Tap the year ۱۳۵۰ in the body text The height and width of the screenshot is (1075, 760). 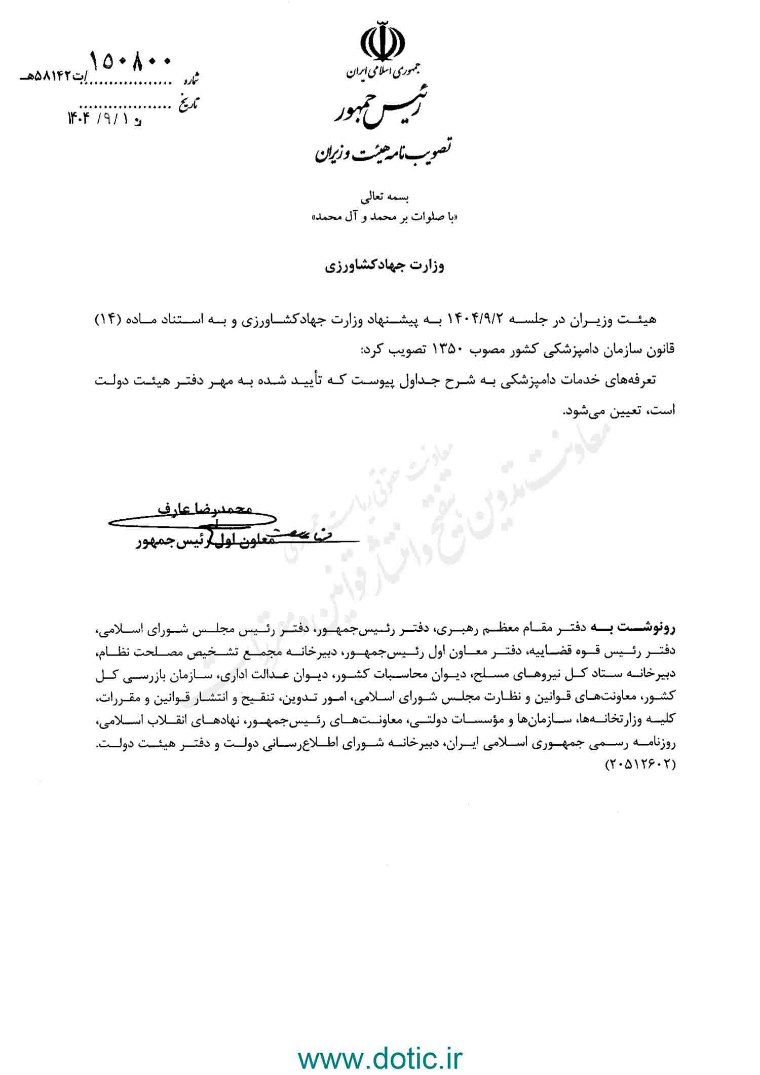[x=448, y=349]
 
